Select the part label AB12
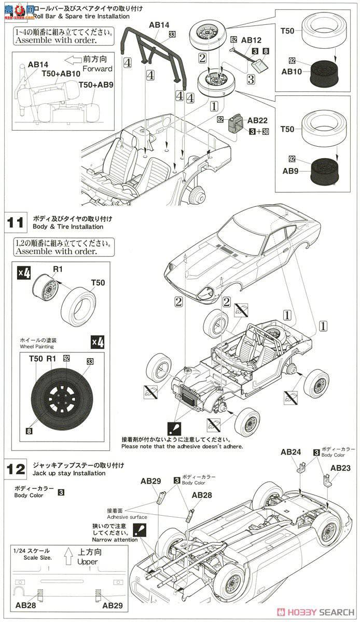pos(251,40)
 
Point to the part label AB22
pos(257,120)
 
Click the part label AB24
pos(290,452)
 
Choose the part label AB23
pos(340,468)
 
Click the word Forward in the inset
pos(100,68)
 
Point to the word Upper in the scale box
pos(87,562)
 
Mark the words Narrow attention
pos(115,540)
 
